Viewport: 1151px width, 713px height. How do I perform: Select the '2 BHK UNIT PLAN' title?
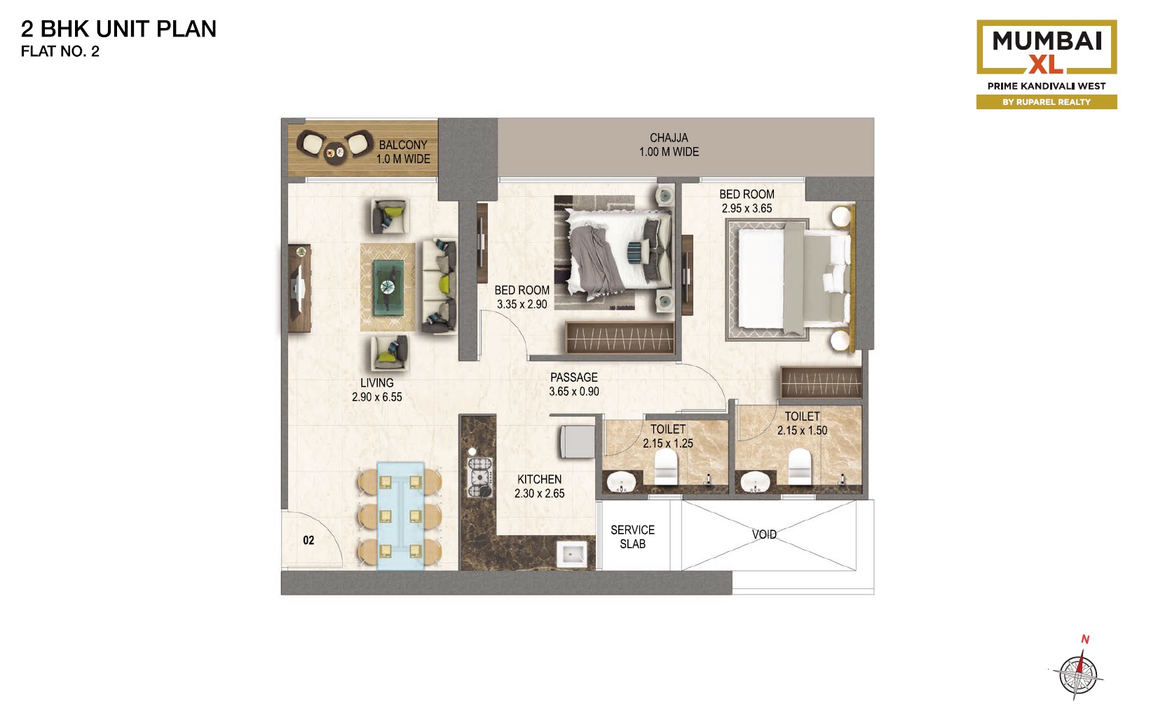118,29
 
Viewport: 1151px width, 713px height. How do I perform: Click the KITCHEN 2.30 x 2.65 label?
540,486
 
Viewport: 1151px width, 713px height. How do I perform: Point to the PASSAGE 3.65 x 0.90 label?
574,384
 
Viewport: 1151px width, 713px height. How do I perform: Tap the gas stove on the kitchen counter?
479,478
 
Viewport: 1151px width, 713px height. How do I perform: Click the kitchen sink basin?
572,554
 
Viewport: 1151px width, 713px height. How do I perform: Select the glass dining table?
401,515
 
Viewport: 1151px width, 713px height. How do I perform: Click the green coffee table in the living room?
388,287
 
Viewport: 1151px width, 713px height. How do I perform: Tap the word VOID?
764,534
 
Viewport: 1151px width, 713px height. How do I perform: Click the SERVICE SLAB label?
632,537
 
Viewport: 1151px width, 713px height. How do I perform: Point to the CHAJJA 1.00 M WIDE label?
669,145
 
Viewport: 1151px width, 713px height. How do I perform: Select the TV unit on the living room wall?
299,288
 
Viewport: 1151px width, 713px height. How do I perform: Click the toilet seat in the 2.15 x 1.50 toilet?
800,466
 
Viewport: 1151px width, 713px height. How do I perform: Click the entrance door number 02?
308,540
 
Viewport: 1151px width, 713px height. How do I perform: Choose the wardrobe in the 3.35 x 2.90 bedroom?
620,338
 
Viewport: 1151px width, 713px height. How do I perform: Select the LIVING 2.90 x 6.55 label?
376,389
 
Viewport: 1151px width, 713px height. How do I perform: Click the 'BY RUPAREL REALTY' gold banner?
1046,102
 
